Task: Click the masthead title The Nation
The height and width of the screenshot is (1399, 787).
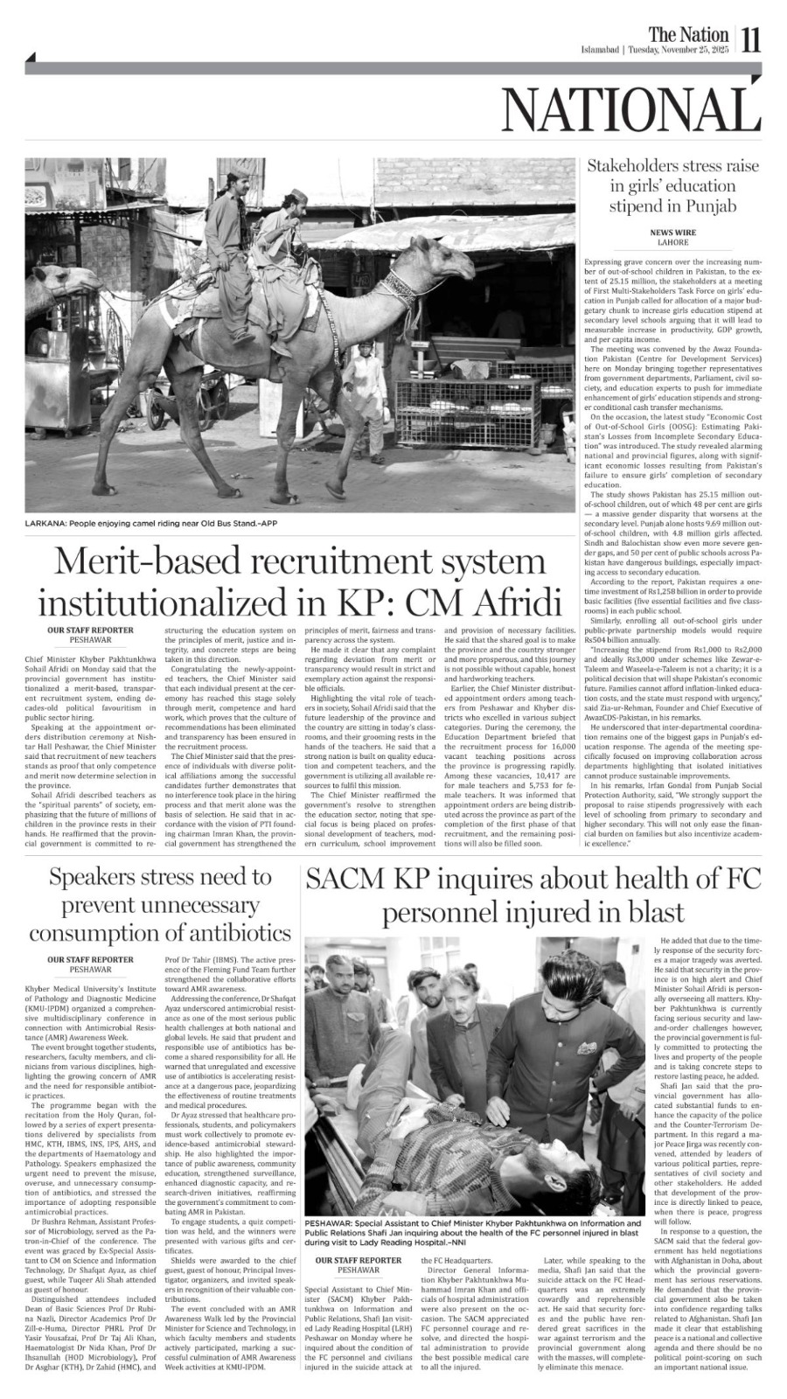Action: pos(688,34)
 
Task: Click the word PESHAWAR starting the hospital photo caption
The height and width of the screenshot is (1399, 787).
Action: pos(331,1223)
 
